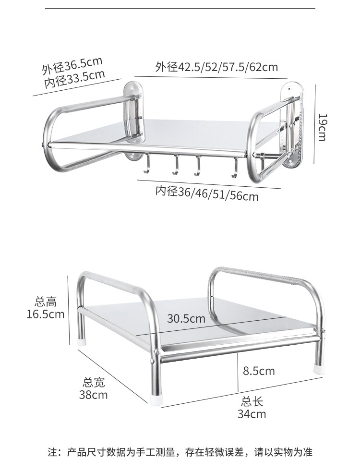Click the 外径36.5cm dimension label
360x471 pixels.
(72, 65)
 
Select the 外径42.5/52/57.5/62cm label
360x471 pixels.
(216, 67)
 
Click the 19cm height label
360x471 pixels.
(322, 127)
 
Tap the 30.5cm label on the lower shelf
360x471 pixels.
(186, 318)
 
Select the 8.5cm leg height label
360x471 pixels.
(259, 371)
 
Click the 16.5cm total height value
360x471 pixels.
(46, 314)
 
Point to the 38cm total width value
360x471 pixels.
(94, 395)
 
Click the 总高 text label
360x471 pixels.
(46, 302)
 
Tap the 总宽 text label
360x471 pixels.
(94, 383)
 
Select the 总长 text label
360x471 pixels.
(252, 402)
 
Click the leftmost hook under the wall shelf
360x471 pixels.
(146, 165)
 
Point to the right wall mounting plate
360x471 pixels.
(293, 127)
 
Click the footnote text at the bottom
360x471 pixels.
(180, 452)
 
